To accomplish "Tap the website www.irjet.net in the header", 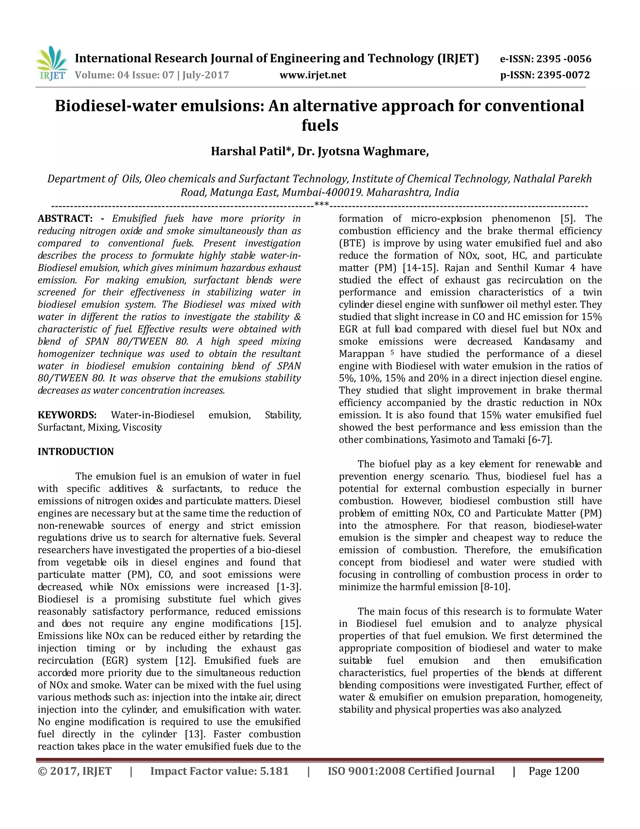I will coord(313,75).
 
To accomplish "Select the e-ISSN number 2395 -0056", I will coord(564,59).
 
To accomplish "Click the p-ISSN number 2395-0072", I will coord(563,75).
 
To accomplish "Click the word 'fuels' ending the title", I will coord(320,126).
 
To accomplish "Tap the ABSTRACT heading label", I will coord(65,219).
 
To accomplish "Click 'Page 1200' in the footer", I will coord(553,771).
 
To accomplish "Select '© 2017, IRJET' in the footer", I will coord(75,771).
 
